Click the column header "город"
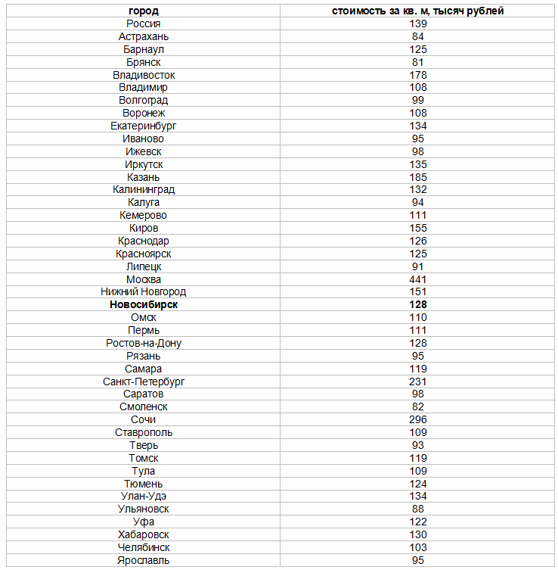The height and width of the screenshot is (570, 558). click(144, 11)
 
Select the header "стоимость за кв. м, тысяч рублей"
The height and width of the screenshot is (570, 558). click(418, 11)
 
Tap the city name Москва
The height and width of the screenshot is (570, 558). click(144, 279)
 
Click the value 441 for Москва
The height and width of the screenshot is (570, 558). click(418, 279)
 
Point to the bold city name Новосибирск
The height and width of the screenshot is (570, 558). click(144, 305)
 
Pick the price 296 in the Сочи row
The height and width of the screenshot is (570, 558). click(418, 419)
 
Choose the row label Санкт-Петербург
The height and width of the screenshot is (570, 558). click(144, 382)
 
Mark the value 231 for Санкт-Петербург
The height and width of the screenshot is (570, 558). click(418, 382)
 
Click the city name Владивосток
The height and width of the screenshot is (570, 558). click(144, 75)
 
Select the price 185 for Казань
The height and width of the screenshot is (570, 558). click(418, 177)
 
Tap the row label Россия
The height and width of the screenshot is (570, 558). click(144, 24)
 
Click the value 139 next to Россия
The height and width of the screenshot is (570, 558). click(418, 24)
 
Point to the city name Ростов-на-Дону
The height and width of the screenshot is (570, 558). click(144, 343)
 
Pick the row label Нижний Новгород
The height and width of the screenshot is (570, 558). click(144, 292)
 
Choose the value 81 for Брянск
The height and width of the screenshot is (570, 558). click(418, 62)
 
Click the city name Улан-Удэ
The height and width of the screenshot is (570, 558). click(144, 496)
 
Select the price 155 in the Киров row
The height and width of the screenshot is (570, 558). click(418, 228)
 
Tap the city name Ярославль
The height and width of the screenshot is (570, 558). click(144, 560)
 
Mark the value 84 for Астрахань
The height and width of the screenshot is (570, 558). click(418, 36)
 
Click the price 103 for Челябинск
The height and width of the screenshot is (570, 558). click(418, 547)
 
